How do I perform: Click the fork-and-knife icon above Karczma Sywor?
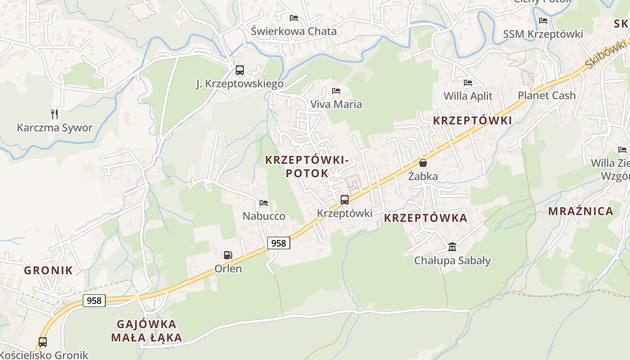pyautogui.click(x=54, y=114)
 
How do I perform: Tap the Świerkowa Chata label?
pyautogui.click(x=293, y=31)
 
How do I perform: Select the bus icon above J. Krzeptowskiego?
pyautogui.click(x=240, y=70)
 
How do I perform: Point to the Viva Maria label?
pyautogui.click(x=336, y=104)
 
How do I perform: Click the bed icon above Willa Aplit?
pyautogui.click(x=468, y=83)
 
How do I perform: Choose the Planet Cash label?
pyautogui.click(x=546, y=95)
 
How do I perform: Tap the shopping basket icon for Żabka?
pyautogui.click(x=423, y=163)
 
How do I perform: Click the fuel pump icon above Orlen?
pyautogui.click(x=228, y=255)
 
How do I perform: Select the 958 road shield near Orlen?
pyautogui.click(x=279, y=243)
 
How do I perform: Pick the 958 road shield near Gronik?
pyautogui.click(x=94, y=300)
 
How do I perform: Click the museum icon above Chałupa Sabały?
pyautogui.click(x=452, y=247)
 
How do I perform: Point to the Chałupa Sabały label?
pyautogui.click(x=452, y=261)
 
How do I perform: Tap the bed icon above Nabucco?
pyautogui.click(x=264, y=203)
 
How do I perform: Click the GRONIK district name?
pyautogui.click(x=48, y=270)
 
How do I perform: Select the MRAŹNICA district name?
pyautogui.click(x=580, y=211)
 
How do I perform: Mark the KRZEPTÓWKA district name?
pyautogui.click(x=426, y=218)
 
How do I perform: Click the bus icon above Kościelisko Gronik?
pyautogui.click(x=43, y=342)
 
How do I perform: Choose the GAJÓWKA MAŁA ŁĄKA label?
pyautogui.click(x=149, y=331)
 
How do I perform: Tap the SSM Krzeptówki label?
pyautogui.click(x=543, y=34)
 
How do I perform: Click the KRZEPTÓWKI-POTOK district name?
pyautogui.click(x=307, y=166)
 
